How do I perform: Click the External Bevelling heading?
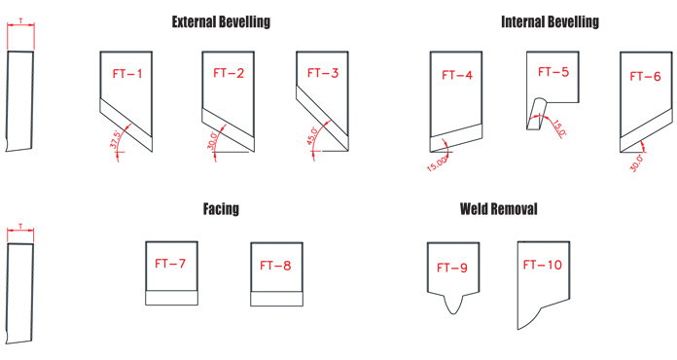point(221,22)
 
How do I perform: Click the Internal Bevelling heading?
point(551,22)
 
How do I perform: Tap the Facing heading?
point(221,209)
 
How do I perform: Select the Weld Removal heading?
point(499,209)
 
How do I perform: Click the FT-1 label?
point(127,74)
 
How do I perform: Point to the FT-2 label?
point(229,73)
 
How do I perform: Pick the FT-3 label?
point(323,73)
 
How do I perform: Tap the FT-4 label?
point(457,75)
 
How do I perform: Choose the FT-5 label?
point(553,72)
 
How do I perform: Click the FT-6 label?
point(646,77)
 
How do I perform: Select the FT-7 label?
point(170,264)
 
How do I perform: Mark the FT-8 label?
point(275,266)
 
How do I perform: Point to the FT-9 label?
point(452,269)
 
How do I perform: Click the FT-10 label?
point(543,265)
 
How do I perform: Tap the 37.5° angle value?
point(114,139)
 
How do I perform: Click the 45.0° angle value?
point(312,135)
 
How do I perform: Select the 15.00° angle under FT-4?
point(436,164)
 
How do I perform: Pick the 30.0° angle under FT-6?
point(637,163)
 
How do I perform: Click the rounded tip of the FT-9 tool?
point(453,313)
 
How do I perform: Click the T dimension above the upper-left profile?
point(20,20)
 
